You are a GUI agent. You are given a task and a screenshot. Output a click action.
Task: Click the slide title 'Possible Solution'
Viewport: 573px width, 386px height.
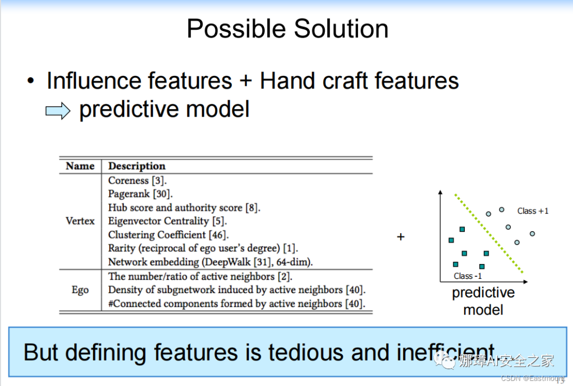[x=287, y=29]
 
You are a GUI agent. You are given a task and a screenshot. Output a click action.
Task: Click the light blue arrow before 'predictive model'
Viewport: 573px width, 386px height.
[x=58, y=110]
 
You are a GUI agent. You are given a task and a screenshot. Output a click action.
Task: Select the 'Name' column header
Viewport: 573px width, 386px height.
[x=80, y=166]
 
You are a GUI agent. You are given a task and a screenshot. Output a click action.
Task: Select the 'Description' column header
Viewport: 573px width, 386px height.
[x=137, y=166]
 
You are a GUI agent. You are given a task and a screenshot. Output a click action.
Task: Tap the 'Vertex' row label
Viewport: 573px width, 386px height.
[x=80, y=221]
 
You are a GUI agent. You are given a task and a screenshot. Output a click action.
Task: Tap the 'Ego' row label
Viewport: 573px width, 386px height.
[x=80, y=290]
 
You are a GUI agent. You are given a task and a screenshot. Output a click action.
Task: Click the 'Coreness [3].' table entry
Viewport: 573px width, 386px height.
[x=137, y=180]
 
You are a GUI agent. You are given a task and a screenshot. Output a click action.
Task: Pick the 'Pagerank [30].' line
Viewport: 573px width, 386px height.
[x=140, y=194]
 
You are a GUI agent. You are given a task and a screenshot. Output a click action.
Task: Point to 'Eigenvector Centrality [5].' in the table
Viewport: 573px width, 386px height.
[x=167, y=221]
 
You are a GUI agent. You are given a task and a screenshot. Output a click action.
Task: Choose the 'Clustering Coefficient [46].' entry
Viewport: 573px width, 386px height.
[x=169, y=235]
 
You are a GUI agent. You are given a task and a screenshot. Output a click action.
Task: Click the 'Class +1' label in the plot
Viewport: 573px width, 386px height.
[x=533, y=211]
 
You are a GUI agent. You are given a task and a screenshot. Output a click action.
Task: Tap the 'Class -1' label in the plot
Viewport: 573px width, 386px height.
[x=468, y=276]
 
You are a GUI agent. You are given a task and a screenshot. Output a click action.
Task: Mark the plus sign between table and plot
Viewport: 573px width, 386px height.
[x=401, y=237]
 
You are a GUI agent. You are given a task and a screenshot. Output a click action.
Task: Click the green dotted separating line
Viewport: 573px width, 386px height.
[x=489, y=234]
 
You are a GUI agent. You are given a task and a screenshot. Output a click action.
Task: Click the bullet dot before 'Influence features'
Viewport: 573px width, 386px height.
[x=31, y=81]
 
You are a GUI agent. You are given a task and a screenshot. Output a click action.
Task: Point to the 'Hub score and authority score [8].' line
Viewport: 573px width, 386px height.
[x=184, y=208]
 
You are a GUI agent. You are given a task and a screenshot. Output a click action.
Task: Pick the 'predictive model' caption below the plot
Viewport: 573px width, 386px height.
[x=483, y=301]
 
